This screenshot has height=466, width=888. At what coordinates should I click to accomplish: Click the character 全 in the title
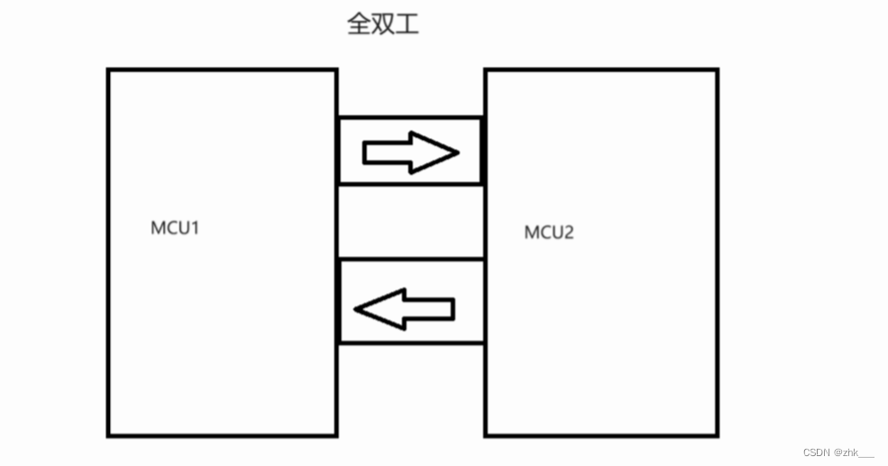point(359,24)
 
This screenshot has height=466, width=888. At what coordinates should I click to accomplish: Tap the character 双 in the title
point(383,24)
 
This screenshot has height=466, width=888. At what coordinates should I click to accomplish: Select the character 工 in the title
point(407,24)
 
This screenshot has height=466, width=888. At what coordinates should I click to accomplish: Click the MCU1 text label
point(175,227)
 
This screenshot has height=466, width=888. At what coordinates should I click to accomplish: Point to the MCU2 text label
point(549,233)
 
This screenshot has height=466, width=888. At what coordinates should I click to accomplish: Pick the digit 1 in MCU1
point(194,227)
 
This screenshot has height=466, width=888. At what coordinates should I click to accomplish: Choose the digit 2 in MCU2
point(568,233)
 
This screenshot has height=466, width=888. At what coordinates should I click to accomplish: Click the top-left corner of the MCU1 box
point(108,70)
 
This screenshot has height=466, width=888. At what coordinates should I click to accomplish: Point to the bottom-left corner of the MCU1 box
point(108,436)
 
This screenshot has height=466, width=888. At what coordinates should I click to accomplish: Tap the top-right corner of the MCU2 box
point(717,69)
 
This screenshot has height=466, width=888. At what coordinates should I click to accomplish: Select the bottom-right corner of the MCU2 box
point(717,436)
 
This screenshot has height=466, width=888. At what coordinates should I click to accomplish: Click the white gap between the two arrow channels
point(410,222)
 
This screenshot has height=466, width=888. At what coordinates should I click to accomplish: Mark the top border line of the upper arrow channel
point(410,117)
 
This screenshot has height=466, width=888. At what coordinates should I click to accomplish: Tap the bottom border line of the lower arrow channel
point(410,343)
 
